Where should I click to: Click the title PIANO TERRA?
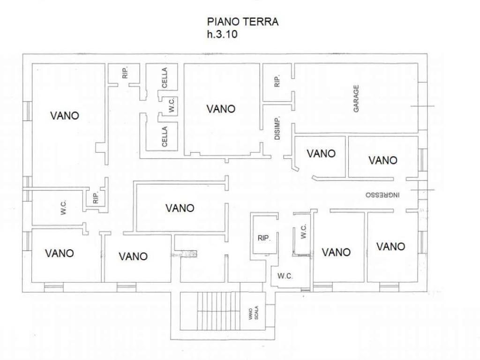(243, 22)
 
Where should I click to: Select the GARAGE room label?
(356, 98)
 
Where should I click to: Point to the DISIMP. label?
(277, 128)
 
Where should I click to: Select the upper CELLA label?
(165, 78)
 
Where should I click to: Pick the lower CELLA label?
(165, 136)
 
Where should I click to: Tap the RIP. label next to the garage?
(277, 81)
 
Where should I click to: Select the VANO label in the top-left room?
(64, 115)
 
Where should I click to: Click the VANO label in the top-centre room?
(221, 109)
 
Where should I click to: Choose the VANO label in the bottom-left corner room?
(60, 253)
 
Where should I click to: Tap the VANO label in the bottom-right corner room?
(390, 246)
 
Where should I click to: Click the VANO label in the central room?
(180, 208)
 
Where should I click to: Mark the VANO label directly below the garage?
(321, 153)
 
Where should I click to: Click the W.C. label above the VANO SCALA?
(285, 276)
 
